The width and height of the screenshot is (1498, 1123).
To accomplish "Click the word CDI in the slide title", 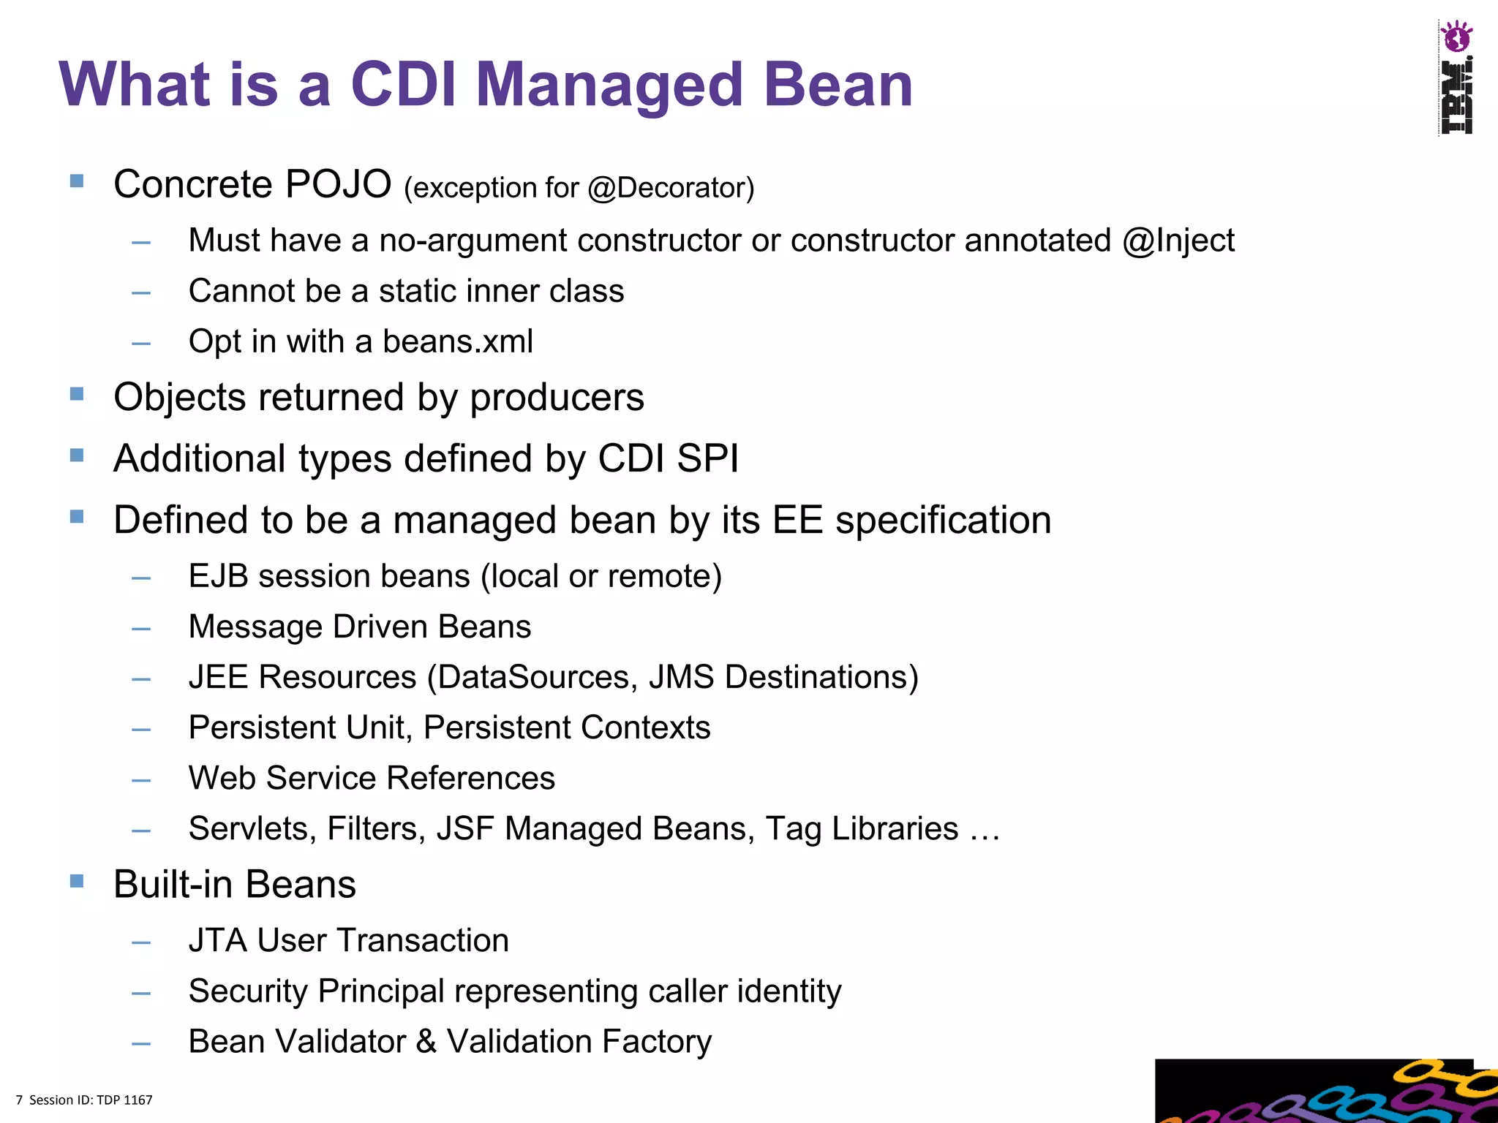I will [x=404, y=84].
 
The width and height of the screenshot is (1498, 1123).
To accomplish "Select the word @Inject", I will [x=1178, y=241].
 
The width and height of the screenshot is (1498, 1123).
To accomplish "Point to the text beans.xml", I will [x=458, y=341].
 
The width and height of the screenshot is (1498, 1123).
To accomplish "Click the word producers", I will [x=557, y=398].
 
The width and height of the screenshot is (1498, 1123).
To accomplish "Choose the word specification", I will [x=943, y=521].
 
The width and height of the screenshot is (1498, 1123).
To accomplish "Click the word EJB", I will [x=217, y=576].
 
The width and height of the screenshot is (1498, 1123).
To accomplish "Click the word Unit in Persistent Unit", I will [x=375, y=727].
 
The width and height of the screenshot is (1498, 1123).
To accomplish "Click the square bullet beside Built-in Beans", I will [x=77, y=880].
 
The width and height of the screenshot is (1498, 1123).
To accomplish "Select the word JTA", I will [x=217, y=940].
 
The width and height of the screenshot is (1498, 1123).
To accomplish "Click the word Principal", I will [x=380, y=991].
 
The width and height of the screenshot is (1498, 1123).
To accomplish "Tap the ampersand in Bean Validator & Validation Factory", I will [x=426, y=1042].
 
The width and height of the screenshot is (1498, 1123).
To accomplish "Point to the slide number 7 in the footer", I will [x=19, y=1100].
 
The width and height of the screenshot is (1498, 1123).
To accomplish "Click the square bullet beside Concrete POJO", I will [x=77, y=180].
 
